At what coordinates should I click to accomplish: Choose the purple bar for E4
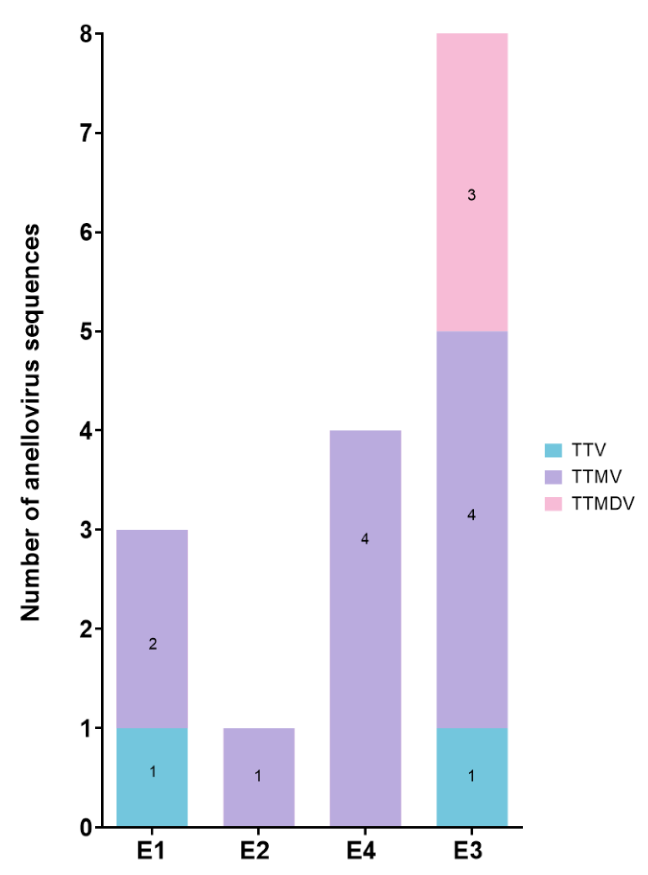(365, 628)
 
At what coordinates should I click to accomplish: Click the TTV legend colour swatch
(553, 450)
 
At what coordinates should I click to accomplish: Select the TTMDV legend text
(603, 503)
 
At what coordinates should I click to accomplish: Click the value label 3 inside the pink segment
(472, 195)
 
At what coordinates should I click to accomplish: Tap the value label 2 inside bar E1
(152, 644)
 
